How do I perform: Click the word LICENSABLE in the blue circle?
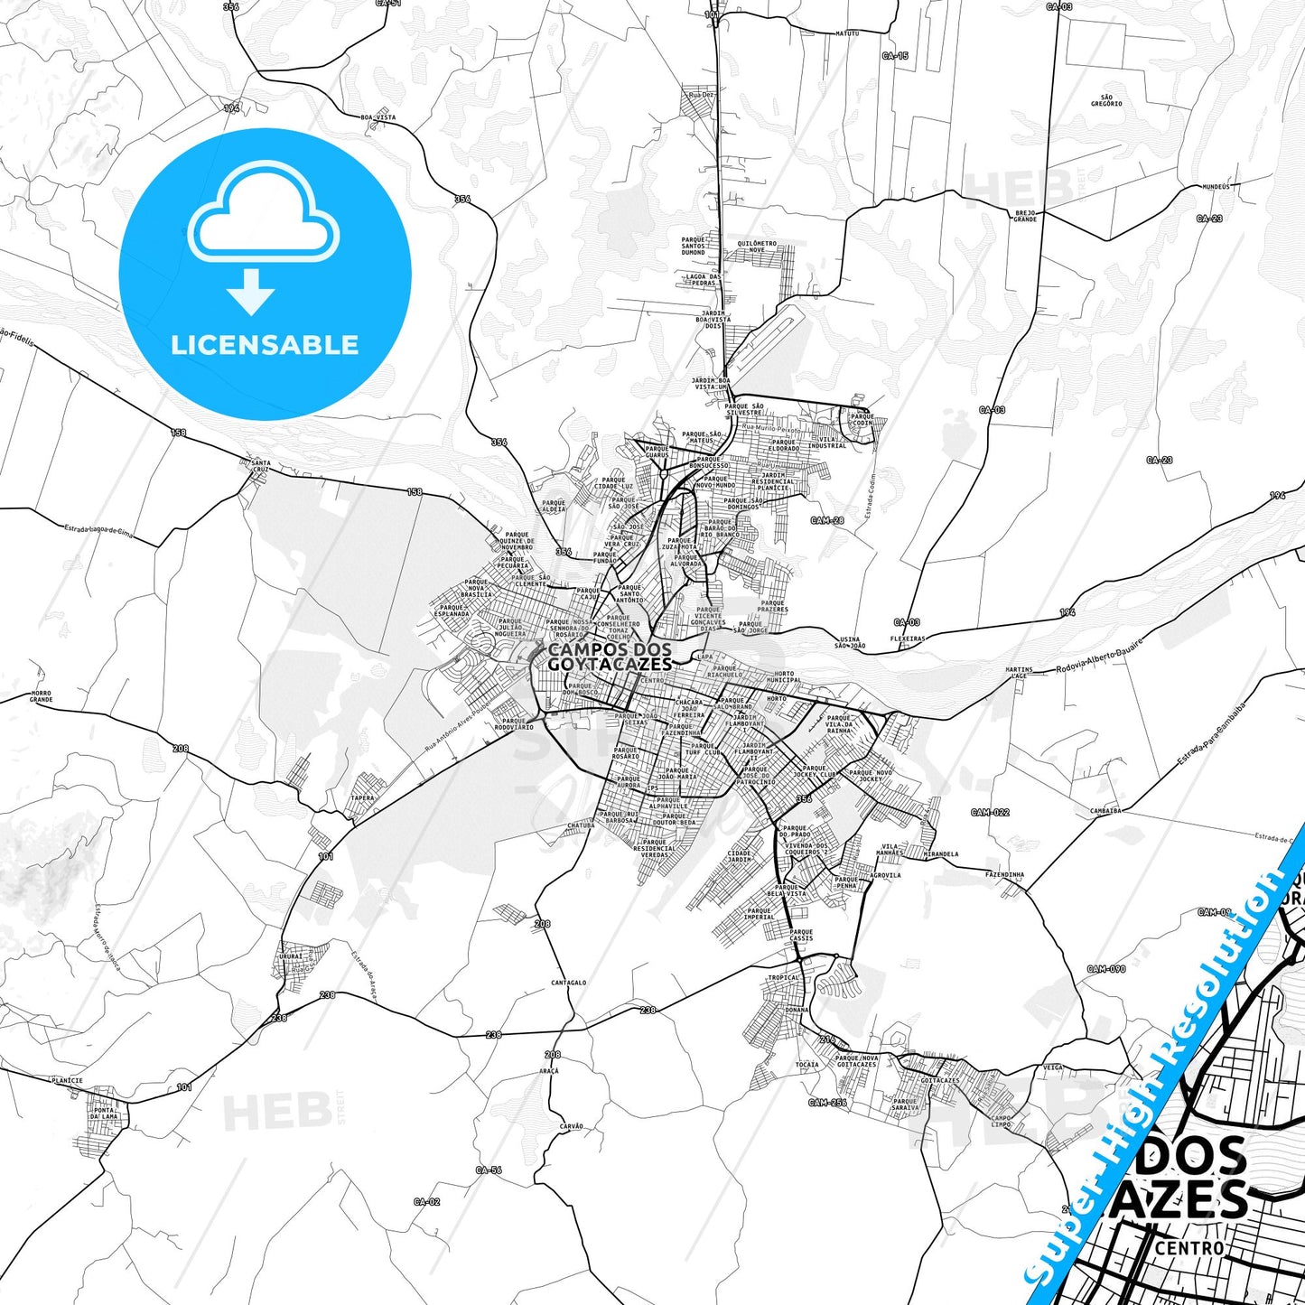[265, 345]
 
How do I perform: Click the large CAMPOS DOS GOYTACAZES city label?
[611, 657]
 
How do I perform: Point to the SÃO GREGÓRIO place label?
[1105, 100]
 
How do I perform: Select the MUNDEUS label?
[1216, 187]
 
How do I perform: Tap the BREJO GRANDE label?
[1025, 216]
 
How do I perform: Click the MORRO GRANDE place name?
[41, 696]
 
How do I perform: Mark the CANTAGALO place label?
[569, 983]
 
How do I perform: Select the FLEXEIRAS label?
[908, 639]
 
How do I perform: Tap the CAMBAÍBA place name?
[1105, 811]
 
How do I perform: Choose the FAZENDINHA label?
[1004, 874]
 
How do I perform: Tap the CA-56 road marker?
[488, 1170]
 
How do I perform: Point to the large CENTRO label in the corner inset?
[1189, 1248]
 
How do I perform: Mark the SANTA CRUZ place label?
[260, 466]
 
